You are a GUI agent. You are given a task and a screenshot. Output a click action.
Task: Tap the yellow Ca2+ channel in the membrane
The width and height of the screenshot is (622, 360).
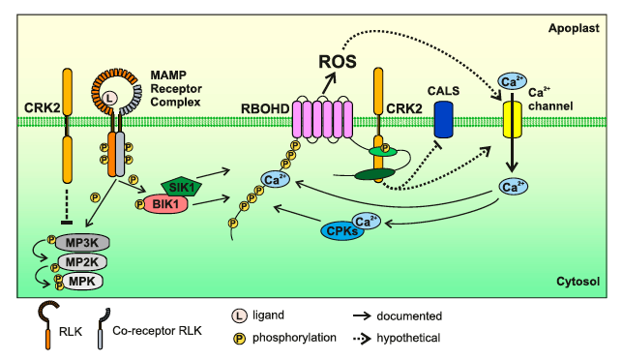pyautogui.click(x=510, y=123)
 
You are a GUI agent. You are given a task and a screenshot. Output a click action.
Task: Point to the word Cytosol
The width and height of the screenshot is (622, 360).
pyautogui.click(x=578, y=282)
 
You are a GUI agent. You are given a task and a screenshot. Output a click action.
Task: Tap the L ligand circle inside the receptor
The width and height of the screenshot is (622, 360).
pyautogui.click(x=110, y=100)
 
